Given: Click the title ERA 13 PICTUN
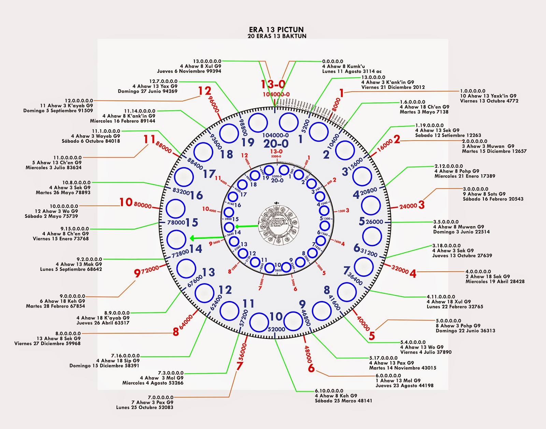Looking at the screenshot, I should click(276, 29).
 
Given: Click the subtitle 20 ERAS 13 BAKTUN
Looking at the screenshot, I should click(277, 36).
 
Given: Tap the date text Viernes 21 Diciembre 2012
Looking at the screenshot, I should click(393, 87).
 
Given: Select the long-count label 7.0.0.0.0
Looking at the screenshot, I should click(160, 397).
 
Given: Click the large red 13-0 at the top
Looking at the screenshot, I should click(273, 84).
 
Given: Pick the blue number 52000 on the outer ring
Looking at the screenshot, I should click(276, 329).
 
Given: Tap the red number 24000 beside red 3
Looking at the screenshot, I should click(408, 206).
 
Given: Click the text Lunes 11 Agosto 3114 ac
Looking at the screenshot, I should click(352, 71).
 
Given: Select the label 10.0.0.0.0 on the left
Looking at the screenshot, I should click(64, 206).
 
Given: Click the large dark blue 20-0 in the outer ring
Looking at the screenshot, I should click(276, 144).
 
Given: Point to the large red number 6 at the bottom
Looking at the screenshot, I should click(311, 368).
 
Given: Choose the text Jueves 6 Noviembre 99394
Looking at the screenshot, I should click(189, 71).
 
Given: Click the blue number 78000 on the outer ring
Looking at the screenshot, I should click(176, 223).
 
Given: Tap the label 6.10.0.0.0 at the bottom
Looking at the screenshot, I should click(329, 391).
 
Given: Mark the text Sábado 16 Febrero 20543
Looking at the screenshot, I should click(493, 199).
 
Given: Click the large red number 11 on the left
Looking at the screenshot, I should click(149, 139).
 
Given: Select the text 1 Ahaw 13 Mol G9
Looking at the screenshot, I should click(398, 381).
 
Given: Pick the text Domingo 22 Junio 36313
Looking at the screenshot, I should click(465, 331).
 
